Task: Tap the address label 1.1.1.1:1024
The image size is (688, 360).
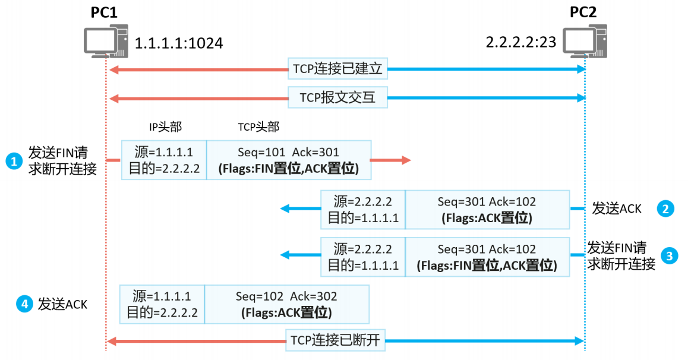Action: [179, 43]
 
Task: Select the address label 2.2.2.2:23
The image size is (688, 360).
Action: [522, 43]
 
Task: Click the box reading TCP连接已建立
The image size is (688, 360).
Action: [337, 70]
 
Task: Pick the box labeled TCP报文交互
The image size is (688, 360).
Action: [337, 97]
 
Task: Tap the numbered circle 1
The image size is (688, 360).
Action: [13, 160]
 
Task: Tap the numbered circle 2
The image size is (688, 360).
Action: [665, 209]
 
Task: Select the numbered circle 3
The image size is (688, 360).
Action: [670, 256]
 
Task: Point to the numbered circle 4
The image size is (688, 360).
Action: [24, 304]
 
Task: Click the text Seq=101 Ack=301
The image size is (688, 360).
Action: [288, 153]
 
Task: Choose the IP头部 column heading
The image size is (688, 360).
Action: [165, 127]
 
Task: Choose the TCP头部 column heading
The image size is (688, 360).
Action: [258, 127]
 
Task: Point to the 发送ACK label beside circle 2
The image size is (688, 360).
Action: [617, 209]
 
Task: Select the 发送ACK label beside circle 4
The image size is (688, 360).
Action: [62, 305]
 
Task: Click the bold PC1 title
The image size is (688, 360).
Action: [104, 12]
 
